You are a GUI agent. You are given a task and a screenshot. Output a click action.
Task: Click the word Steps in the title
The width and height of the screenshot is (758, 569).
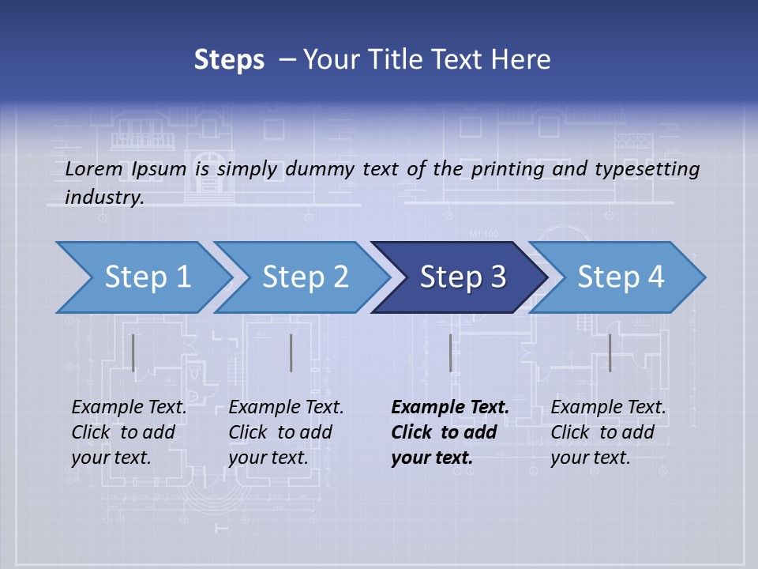click(x=229, y=60)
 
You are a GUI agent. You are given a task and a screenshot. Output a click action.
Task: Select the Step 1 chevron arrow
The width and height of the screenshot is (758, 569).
click(x=142, y=277)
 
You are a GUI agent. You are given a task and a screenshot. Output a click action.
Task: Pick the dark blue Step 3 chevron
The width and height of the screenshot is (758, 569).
click(x=460, y=277)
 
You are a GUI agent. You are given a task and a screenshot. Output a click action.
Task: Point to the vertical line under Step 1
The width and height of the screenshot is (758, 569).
click(x=133, y=352)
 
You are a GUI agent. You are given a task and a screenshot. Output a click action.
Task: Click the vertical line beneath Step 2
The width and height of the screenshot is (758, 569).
click(x=291, y=352)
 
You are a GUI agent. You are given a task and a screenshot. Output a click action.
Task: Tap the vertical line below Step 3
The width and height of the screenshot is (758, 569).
click(x=450, y=352)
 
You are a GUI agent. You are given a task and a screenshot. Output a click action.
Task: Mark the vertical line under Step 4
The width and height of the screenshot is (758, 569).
click(x=610, y=352)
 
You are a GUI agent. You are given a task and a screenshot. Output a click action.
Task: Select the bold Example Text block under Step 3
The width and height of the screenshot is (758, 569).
click(x=449, y=432)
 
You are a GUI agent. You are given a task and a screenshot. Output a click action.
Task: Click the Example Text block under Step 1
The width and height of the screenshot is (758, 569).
click(x=129, y=432)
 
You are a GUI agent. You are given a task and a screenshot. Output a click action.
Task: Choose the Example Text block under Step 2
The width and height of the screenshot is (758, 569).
click(x=286, y=432)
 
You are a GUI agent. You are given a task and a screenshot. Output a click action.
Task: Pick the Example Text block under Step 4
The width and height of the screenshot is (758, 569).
click(x=608, y=432)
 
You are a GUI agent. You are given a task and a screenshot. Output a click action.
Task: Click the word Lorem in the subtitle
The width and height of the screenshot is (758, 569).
click(x=93, y=169)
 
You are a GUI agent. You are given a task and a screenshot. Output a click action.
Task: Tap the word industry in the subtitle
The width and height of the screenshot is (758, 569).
click(x=103, y=198)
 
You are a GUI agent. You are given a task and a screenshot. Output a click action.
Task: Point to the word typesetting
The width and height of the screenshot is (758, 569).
click(x=650, y=169)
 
